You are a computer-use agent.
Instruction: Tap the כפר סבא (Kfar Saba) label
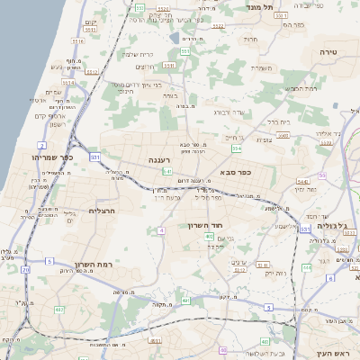pos(236,171)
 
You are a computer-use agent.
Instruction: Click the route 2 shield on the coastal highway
pos(41,145)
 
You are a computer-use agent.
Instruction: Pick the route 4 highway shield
pos(162,231)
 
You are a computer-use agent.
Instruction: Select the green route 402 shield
pos(209,237)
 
